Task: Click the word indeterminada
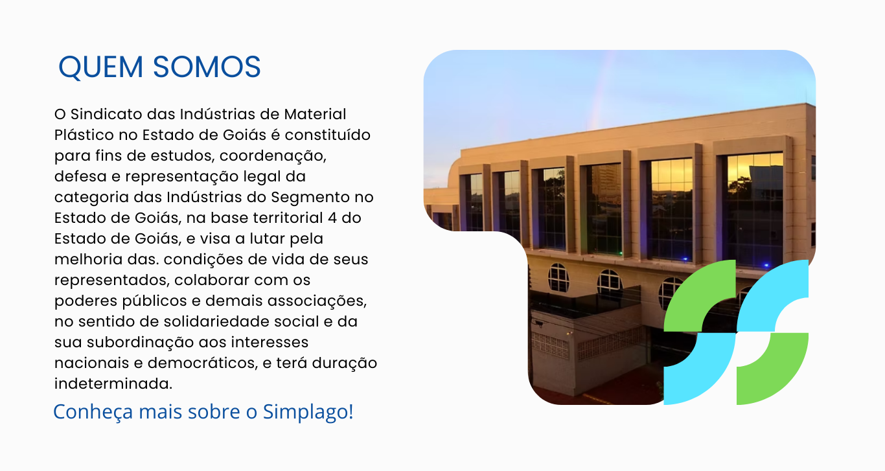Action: pos(113,384)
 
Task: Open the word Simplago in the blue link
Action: pos(308,412)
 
